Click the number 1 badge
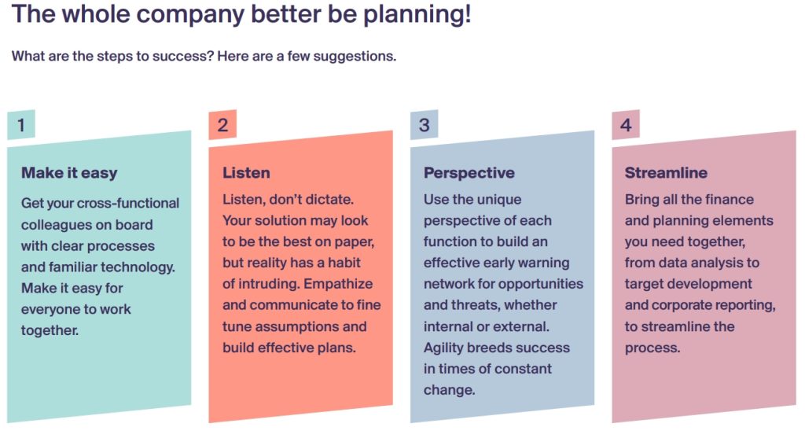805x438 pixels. tap(21, 125)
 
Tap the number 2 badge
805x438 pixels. tap(222, 125)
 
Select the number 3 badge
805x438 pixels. tap(424, 125)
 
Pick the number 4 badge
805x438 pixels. tap(626, 125)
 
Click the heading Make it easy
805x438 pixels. tap(69, 173)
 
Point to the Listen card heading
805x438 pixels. tap(246, 172)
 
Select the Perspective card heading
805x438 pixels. tap(469, 173)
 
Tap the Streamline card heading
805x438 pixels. tap(666, 172)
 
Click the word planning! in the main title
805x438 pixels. tap(417, 15)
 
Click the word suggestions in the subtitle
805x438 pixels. tap(354, 57)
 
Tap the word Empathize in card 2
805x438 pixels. tap(338, 284)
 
